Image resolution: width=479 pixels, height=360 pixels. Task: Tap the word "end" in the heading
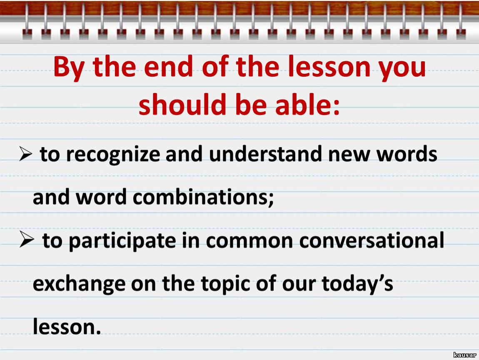pos(168,66)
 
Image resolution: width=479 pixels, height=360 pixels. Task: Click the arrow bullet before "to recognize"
pos(26,153)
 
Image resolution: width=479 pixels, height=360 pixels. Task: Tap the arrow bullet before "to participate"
pos(27,239)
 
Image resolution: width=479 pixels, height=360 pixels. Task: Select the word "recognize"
pos(113,155)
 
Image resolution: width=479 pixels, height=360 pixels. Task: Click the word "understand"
pos(265,153)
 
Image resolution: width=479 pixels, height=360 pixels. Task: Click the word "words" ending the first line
pos(407,153)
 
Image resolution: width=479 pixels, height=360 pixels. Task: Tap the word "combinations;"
pos(203,197)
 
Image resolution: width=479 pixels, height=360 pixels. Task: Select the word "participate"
pos(122,241)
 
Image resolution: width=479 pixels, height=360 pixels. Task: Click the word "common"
pos(249,241)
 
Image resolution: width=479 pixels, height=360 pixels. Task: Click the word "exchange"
pos(79,285)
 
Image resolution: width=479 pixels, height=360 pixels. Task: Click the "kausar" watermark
pos(465,355)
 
